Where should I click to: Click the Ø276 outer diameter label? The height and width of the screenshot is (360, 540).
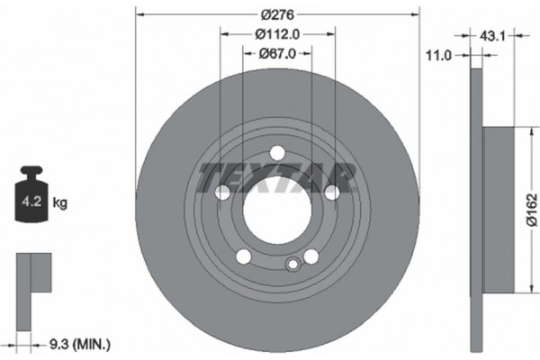tap(277, 15)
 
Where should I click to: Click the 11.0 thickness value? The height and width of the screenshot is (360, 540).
tap(437, 56)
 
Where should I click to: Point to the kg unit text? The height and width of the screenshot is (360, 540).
tap(60, 203)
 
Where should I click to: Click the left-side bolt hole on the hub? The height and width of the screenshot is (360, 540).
tap(223, 192)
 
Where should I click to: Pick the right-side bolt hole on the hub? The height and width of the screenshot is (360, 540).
tap(331, 192)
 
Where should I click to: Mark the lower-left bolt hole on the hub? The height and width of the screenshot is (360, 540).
tap(244, 256)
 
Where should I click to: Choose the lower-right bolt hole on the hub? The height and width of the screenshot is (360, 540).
tap(310, 256)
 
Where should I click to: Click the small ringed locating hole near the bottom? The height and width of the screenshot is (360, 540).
tap(291, 265)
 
